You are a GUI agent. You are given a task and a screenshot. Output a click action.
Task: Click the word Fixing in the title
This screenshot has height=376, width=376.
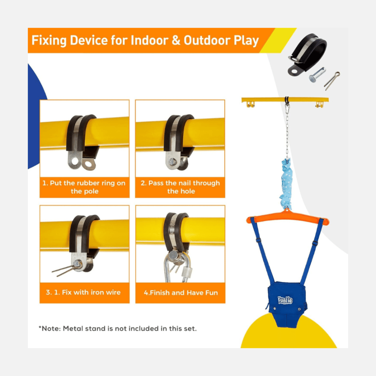pos(49,40)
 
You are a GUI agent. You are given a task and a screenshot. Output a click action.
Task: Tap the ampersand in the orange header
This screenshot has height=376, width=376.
pos(176,40)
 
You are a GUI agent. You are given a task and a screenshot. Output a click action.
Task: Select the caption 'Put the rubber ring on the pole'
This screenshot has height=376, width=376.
pos(84,187)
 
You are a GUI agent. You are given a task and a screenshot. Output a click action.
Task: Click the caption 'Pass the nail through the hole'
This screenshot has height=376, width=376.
pos(180,187)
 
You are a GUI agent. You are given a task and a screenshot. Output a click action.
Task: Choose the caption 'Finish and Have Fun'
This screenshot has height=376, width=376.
pos(181,292)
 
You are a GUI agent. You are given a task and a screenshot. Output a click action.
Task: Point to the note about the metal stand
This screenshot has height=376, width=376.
pos(117,328)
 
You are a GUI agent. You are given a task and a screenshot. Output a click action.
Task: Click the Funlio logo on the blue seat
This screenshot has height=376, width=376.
pos(285,300)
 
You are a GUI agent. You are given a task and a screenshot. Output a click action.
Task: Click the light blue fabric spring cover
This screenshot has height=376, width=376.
pos(286,183)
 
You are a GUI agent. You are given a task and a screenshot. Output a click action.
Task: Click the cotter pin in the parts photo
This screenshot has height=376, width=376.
pos(332,81)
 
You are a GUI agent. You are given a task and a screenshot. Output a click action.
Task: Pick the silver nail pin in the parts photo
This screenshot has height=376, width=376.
pos(317,75)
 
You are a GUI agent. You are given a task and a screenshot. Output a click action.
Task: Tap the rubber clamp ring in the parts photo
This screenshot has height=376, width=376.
pos(307,54)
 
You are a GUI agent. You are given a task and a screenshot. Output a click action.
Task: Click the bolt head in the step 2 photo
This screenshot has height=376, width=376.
pos(172,162)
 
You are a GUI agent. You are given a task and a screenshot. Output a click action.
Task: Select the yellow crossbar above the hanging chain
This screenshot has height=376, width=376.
pos(285,99)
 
